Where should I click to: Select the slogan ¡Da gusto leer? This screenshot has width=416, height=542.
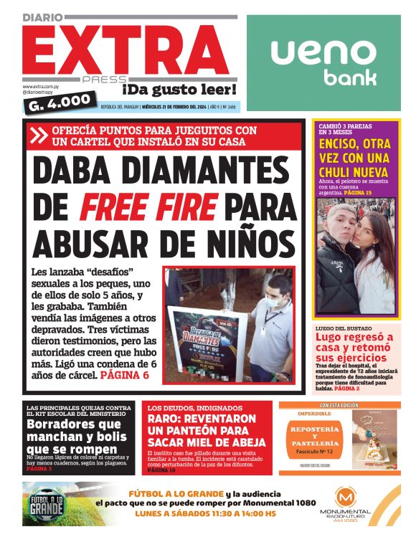click(x=179, y=90)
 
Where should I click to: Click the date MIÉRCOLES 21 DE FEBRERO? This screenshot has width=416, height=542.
click(x=175, y=107)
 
